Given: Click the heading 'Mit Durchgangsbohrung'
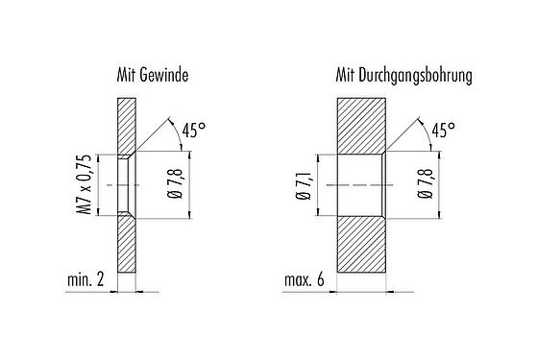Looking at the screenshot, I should click(x=403, y=75).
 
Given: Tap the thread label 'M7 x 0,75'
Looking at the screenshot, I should click(x=85, y=184).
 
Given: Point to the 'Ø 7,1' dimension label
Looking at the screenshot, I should click(x=303, y=184).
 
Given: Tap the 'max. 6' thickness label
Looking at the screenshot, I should click(x=307, y=280).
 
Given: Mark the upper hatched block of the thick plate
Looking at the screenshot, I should click(x=360, y=125).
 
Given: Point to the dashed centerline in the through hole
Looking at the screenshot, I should click(x=355, y=184).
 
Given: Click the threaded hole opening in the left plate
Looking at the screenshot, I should click(x=125, y=184).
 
